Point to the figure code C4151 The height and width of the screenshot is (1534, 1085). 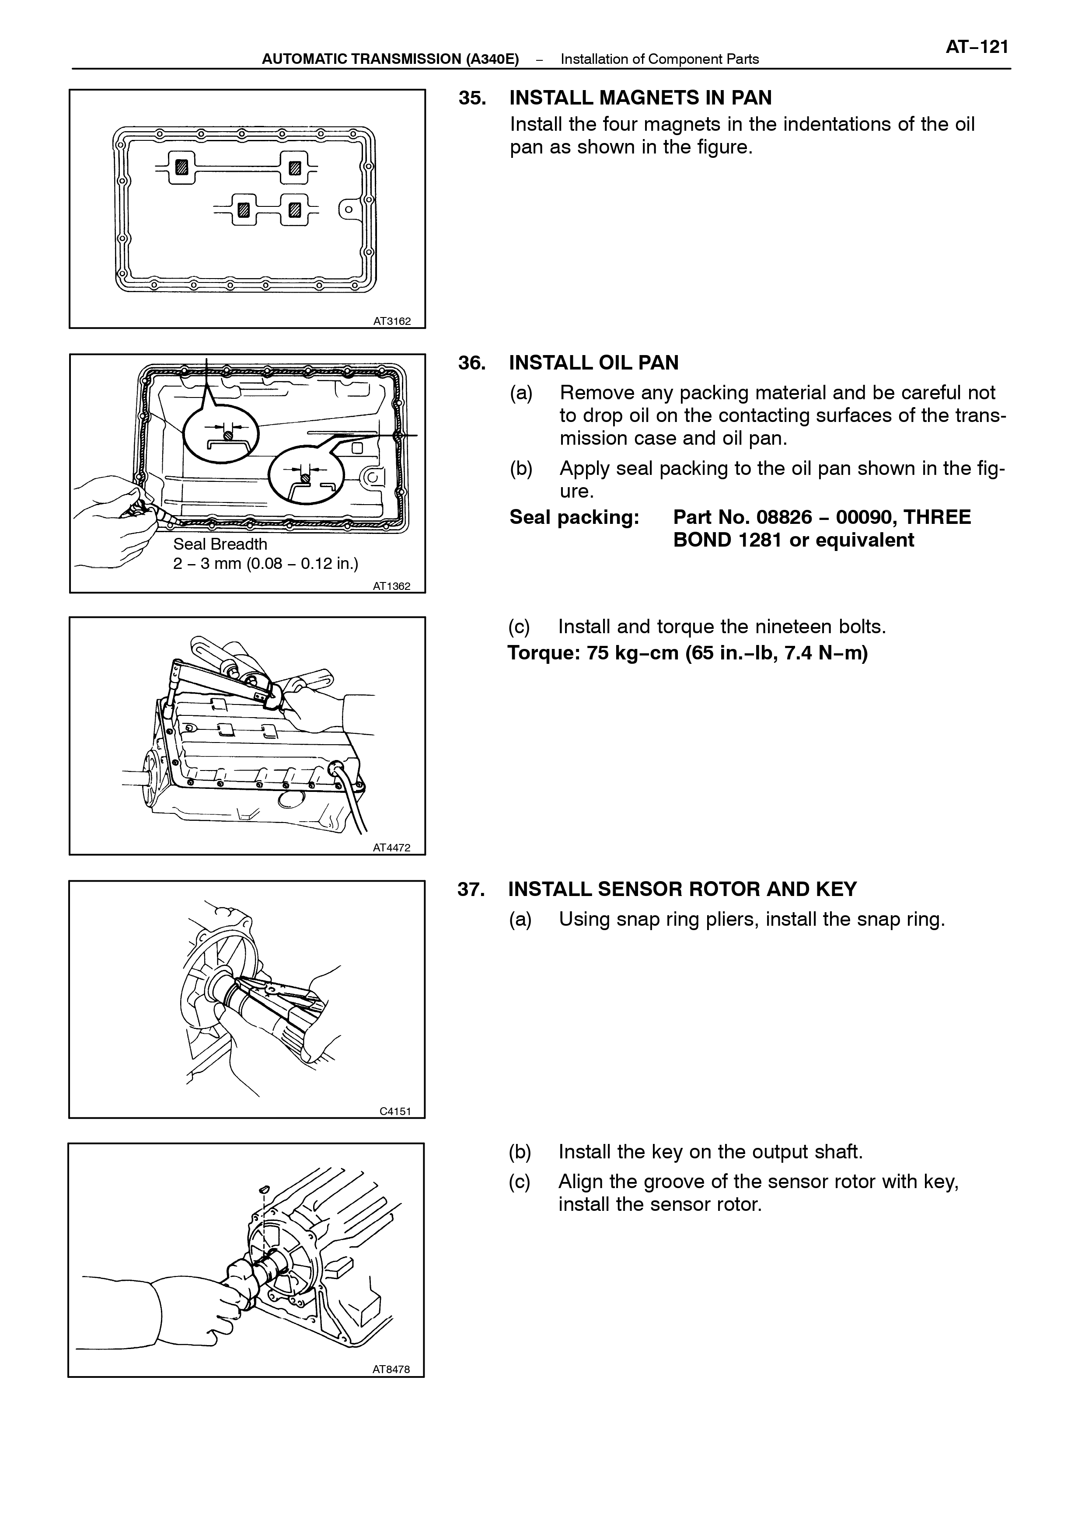[395, 1112]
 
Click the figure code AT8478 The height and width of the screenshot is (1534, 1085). [391, 1370]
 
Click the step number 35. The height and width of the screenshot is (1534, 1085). [472, 98]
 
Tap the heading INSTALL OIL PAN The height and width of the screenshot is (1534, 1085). [594, 363]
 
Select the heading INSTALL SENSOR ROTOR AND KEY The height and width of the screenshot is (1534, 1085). [682, 889]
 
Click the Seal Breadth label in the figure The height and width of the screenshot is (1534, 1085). [220, 544]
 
